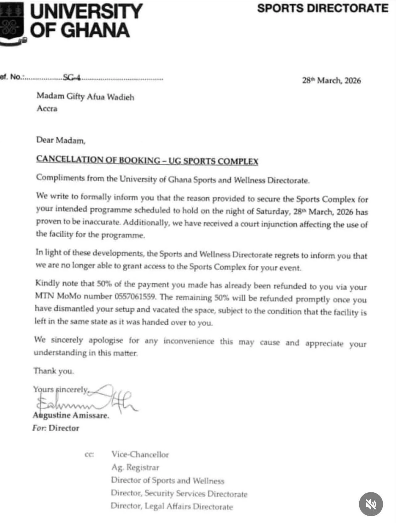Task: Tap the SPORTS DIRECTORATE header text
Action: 323,8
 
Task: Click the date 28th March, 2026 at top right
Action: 331,81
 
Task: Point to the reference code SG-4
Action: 72,77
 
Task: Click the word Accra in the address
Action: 47,108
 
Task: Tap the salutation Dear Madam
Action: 61,140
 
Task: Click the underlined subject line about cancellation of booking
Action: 147,160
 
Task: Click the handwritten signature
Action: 86,399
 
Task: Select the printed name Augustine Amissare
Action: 71,415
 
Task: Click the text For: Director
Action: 56,428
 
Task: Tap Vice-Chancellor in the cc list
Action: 140,454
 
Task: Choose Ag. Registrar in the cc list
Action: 135,467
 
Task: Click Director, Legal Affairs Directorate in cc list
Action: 172,506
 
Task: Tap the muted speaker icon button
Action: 371,504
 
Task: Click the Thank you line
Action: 54,371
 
